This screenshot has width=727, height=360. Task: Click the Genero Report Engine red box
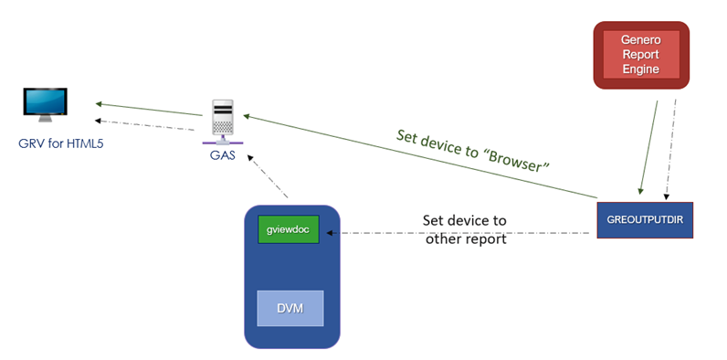click(x=640, y=55)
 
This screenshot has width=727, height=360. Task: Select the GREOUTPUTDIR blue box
click(x=644, y=219)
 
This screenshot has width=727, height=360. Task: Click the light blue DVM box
click(x=290, y=309)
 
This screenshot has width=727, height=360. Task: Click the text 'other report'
click(x=465, y=239)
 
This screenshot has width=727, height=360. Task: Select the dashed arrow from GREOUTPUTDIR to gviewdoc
click(x=457, y=233)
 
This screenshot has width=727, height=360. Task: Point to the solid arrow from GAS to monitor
click(x=146, y=107)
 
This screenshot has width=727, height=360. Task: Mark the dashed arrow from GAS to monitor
click(x=146, y=123)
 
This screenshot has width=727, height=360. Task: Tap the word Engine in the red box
click(x=640, y=69)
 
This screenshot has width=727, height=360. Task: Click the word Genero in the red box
click(x=640, y=41)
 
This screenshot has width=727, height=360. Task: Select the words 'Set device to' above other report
click(x=464, y=221)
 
